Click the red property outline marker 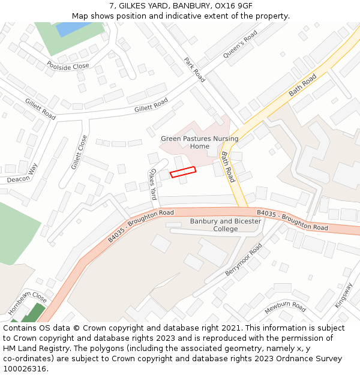click(x=183, y=172)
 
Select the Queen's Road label click(x=240, y=45)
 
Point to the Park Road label click(x=194, y=70)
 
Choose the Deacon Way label click(x=22, y=173)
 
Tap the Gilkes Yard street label click(x=153, y=184)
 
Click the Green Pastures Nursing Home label click(x=199, y=142)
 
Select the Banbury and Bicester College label click(x=226, y=225)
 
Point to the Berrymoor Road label click(x=244, y=260)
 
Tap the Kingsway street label click(x=344, y=295)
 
